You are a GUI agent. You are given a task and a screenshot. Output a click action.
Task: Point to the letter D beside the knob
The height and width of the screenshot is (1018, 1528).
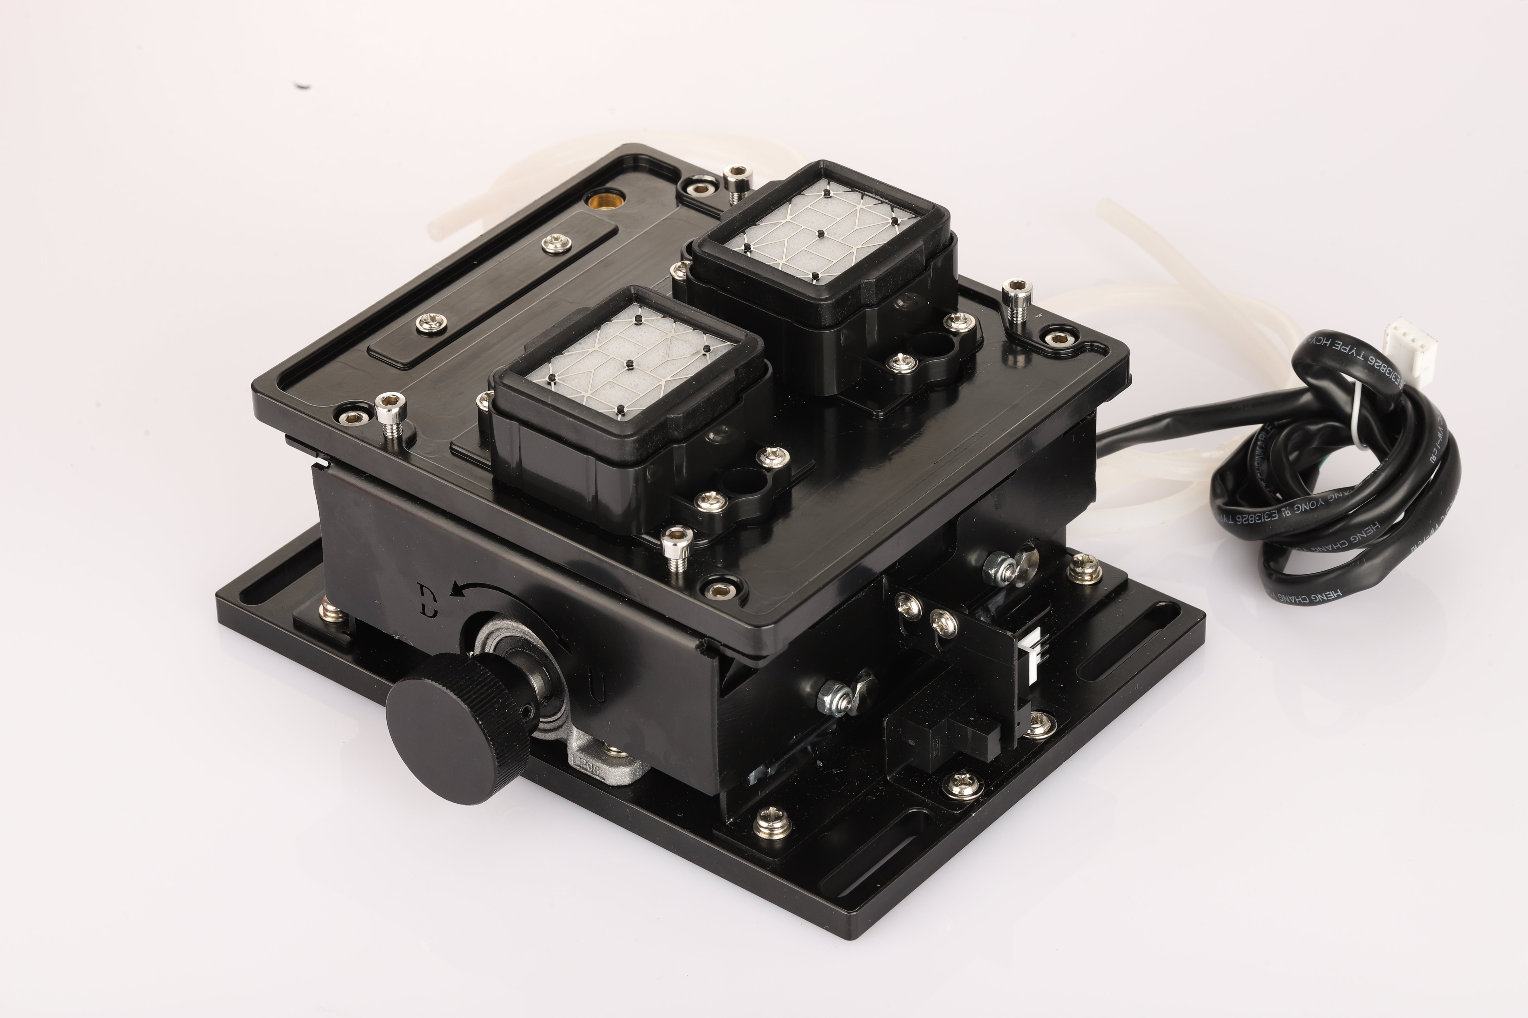pos(428,601)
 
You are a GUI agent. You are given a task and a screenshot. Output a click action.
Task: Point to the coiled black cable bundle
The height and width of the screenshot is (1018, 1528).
pos(1332,493)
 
